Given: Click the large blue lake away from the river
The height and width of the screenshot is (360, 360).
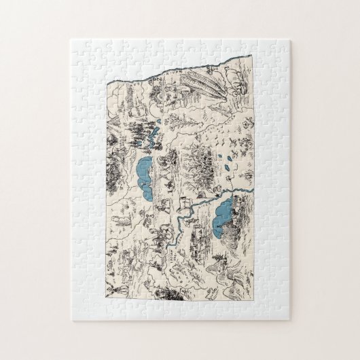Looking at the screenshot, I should [144, 174].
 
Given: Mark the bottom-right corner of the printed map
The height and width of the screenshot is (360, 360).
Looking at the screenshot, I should [254, 298].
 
